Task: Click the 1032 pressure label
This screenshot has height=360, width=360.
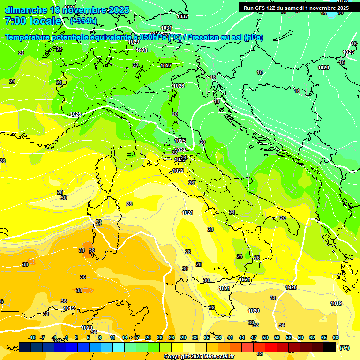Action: (x=182, y=16)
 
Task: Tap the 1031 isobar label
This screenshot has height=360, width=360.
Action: (x=166, y=28)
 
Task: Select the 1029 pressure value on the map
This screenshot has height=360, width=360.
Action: (x=134, y=42)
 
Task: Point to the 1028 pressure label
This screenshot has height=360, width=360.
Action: (x=142, y=50)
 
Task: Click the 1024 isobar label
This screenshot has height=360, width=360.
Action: (x=180, y=150)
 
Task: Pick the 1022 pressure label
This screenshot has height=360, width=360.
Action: (x=178, y=171)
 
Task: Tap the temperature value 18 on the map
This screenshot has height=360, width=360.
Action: (x=217, y=101)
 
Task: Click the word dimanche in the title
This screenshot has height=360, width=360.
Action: (x=26, y=10)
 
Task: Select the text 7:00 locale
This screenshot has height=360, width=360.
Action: (x=33, y=22)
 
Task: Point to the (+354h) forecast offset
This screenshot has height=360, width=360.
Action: (x=83, y=21)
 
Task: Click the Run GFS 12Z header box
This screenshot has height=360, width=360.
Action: (x=296, y=8)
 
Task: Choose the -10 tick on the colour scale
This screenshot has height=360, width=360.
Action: (x=32, y=337)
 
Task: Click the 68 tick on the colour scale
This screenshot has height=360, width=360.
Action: (x=336, y=337)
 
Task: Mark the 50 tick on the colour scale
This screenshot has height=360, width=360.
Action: (x=265, y=337)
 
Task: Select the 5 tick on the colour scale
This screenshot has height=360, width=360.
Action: (x=88, y=337)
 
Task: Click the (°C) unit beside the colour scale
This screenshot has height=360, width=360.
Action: (x=345, y=348)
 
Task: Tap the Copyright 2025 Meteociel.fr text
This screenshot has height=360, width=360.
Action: (x=199, y=357)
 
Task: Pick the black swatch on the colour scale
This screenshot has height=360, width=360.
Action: (x=330, y=347)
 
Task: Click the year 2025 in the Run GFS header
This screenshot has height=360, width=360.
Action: (x=341, y=8)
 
